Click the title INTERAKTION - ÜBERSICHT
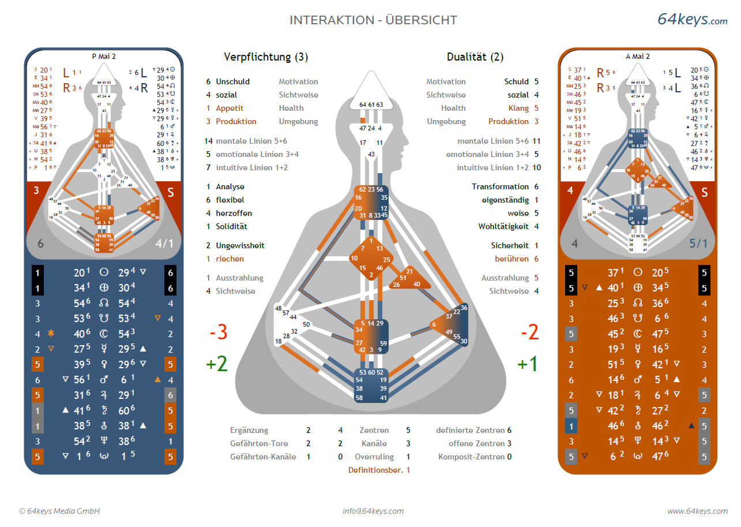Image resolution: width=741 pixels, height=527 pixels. click(373, 20)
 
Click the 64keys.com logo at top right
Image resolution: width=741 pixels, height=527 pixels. click(692, 20)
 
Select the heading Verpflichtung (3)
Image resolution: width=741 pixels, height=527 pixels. click(266, 57)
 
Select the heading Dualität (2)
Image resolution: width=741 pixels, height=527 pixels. click(475, 57)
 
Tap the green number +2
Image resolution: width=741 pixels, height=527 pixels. click(216, 364)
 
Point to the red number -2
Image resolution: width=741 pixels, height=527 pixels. click(529, 332)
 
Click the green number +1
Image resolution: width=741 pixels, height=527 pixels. click(527, 364)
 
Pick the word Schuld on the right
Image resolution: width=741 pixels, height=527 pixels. click(516, 82)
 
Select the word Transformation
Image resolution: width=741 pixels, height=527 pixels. click(500, 187)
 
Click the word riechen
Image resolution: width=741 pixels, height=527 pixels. click(230, 259)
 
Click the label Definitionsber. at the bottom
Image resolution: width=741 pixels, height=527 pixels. click(375, 470)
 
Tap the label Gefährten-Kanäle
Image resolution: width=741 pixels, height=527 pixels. click(263, 457)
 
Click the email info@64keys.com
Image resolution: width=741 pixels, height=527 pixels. click(373, 511)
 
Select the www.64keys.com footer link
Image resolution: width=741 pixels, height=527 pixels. click(697, 511)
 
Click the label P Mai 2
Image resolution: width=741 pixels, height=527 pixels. click(104, 57)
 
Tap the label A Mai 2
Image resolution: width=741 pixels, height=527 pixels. click(638, 57)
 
